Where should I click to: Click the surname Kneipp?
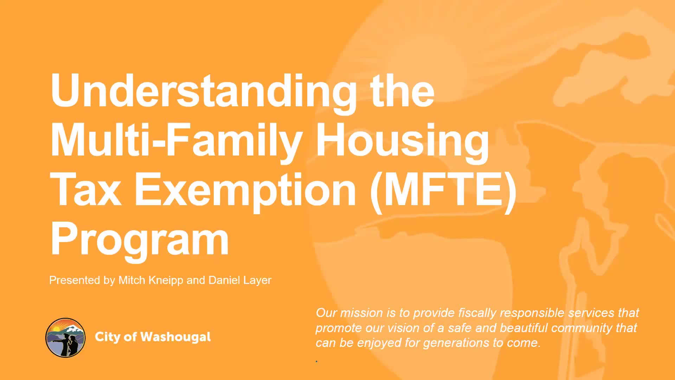coord(166,280)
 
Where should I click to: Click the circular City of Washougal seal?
coord(65,337)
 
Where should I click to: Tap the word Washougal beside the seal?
coord(175,337)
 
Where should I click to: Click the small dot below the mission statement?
coord(317,361)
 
